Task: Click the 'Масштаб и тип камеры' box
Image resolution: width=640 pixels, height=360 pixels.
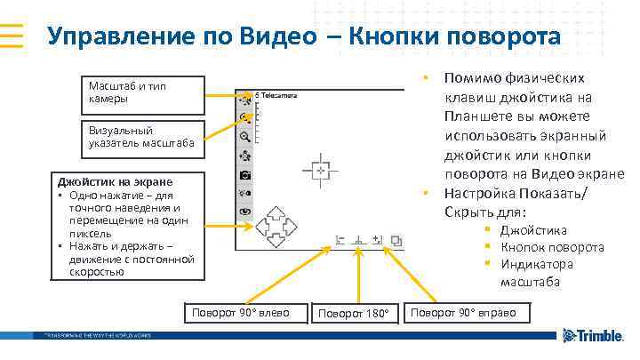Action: pyautogui.click(x=142, y=92)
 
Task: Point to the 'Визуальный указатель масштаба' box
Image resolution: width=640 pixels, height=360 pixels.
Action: pyautogui.click(x=142, y=136)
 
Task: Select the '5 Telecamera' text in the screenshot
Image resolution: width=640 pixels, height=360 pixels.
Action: pyautogui.click(x=277, y=94)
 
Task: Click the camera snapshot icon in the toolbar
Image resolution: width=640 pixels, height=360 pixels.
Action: pyautogui.click(x=245, y=175)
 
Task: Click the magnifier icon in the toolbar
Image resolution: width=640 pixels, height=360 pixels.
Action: pyautogui.click(x=245, y=137)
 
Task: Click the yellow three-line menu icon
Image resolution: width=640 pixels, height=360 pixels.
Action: pyautogui.click(x=18, y=36)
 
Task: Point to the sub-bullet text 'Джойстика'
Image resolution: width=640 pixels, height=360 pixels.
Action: pyautogui.click(x=533, y=230)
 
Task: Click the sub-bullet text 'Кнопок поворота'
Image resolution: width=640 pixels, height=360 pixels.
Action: pyautogui.click(x=552, y=247)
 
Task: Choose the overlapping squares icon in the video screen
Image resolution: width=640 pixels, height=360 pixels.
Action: pyautogui.click(x=396, y=240)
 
